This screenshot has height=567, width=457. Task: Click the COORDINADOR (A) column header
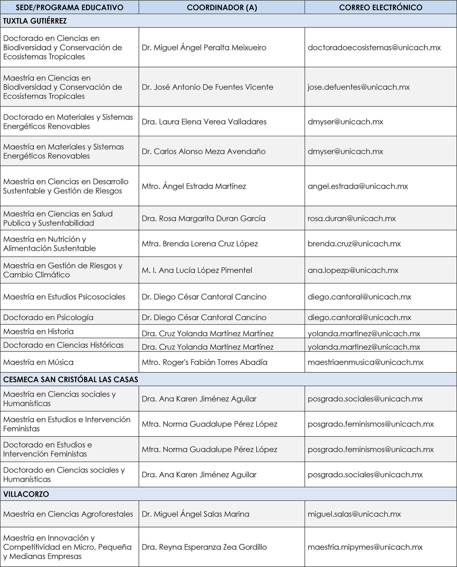pos(222,7)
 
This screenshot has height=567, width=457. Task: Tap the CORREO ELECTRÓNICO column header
pos(380,7)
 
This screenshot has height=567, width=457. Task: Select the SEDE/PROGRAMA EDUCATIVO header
pos(69,7)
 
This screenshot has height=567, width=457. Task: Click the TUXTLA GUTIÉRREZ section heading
pos(35,21)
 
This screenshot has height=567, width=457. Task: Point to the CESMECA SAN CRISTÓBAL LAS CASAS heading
pos(71,379)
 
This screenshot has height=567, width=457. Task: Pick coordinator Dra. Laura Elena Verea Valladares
pos(204,122)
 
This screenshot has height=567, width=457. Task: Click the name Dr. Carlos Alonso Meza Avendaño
pos(204,152)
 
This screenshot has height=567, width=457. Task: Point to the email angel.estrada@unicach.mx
pos(358,186)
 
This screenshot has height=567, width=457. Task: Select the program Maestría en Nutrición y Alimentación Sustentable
pos(49,244)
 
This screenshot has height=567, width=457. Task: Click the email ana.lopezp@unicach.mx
pos(353,270)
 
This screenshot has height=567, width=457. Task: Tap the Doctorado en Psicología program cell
pos(48,317)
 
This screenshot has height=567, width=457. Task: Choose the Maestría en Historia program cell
pos(38,331)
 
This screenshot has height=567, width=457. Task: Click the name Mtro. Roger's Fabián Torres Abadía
pos(204,362)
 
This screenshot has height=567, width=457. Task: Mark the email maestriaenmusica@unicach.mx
pos(365,362)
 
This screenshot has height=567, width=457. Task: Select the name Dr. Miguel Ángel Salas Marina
pos(195,514)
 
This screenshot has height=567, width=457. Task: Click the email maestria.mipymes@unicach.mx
pos(365,547)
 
